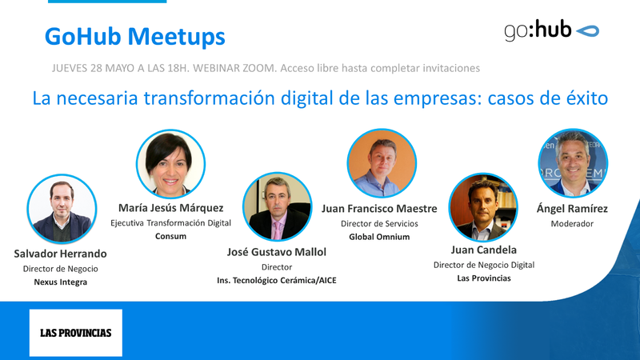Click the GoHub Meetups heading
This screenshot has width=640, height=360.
click(x=134, y=36)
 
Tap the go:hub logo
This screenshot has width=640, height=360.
click(x=551, y=31)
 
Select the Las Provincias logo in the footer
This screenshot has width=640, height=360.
click(x=76, y=332)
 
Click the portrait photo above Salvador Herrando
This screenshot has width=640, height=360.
click(x=61, y=209)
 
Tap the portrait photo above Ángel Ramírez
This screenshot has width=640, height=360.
click(x=572, y=163)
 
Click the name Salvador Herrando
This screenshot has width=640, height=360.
click(x=61, y=254)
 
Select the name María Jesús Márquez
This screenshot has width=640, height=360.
click(x=170, y=209)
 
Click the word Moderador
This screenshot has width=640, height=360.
click(x=572, y=224)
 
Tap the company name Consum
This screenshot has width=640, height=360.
click(x=170, y=237)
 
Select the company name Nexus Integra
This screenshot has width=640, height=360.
click(x=61, y=282)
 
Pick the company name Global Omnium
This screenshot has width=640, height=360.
click(x=380, y=237)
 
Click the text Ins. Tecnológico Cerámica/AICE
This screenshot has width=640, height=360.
click(x=277, y=280)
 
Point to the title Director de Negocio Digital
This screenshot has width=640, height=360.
click(x=483, y=264)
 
